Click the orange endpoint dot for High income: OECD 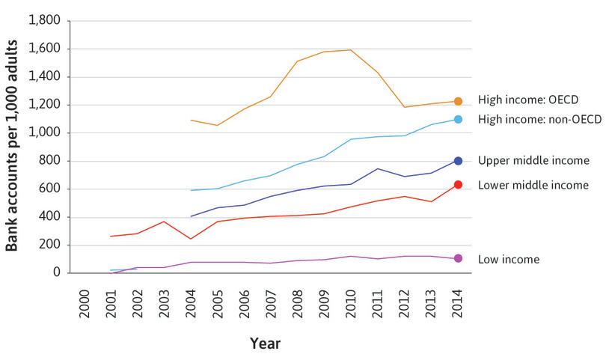(x=458, y=101)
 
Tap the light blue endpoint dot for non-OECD (x=458, y=120)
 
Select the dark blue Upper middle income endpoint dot (x=458, y=161)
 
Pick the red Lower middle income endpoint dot (x=458, y=184)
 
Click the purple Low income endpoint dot (x=458, y=258)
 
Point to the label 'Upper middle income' (x=533, y=160)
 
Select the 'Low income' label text (x=508, y=259)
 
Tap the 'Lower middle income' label (x=533, y=185)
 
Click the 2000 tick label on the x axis (x=85, y=300)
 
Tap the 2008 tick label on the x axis (x=299, y=300)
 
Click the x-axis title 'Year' (x=265, y=344)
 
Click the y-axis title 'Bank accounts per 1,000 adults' (x=13, y=146)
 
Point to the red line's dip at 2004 (x=191, y=239)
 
